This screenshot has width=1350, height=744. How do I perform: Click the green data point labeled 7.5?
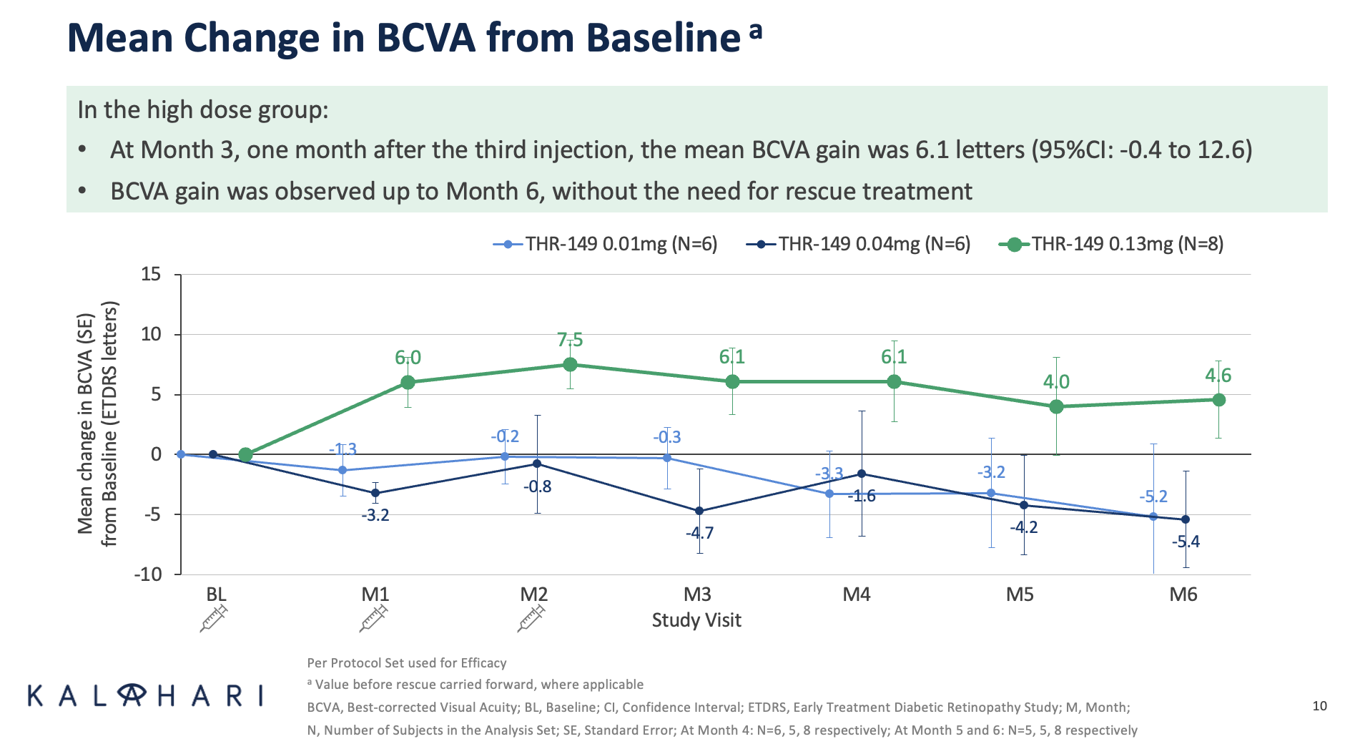[570, 364]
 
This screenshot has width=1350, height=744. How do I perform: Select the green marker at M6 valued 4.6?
[1218, 400]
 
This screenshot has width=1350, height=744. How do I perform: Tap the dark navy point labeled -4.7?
[699, 511]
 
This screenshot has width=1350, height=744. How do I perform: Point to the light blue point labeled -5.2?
[1153, 517]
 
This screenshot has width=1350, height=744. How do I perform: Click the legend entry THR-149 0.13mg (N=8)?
[1112, 245]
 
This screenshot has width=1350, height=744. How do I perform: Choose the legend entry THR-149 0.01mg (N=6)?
[606, 245]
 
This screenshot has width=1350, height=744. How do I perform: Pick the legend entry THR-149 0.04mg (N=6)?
[859, 245]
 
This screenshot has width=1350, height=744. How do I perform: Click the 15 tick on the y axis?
[151, 275]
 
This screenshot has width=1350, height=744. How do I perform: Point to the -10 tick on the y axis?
[147, 574]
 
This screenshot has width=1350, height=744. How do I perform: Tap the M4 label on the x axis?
[856, 594]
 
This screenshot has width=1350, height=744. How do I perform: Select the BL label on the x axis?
[216, 594]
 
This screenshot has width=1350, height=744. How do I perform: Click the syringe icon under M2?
[531, 618]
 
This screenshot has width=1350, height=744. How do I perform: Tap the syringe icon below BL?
[214, 618]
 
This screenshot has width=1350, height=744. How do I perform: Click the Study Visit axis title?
[696, 620]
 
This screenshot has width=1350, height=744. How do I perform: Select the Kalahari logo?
[146, 695]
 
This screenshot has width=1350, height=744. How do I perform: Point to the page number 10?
[1319, 706]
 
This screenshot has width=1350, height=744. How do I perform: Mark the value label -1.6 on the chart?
[862, 496]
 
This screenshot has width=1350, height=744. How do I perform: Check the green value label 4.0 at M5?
[1056, 382]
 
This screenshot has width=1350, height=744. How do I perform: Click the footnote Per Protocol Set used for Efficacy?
[406, 663]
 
